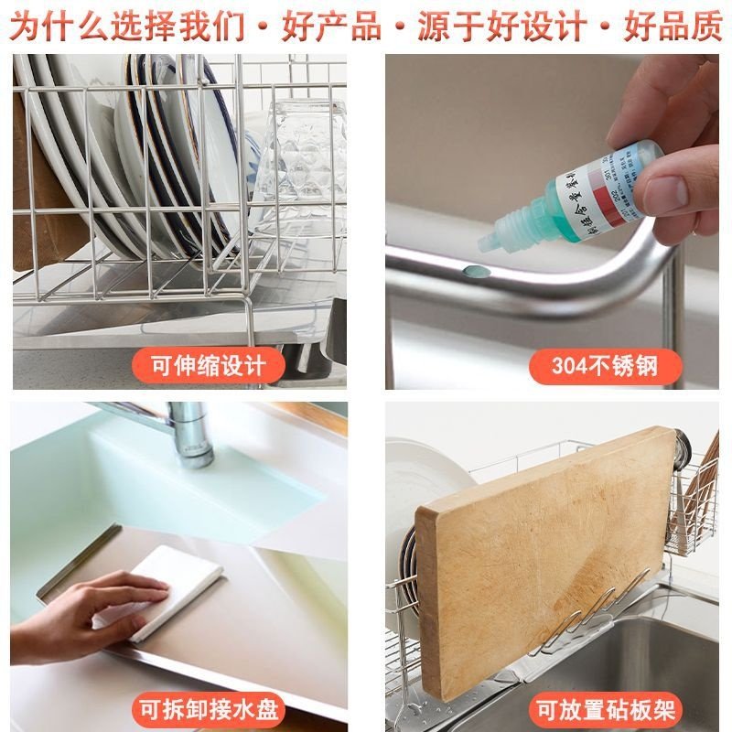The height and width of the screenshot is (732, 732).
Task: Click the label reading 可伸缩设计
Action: point(207,366)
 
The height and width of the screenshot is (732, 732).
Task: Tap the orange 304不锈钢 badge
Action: point(604,366)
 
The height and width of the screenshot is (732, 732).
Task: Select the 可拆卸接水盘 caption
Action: point(208,709)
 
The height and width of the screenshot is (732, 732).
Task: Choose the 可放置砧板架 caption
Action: point(604,709)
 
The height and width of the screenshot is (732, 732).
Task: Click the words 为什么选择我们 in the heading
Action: point(128,25)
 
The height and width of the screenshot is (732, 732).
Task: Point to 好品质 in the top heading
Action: point(673,25)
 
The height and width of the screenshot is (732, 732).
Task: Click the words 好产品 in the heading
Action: point(331,25)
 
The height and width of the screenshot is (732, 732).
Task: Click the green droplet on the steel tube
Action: point(472,271)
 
